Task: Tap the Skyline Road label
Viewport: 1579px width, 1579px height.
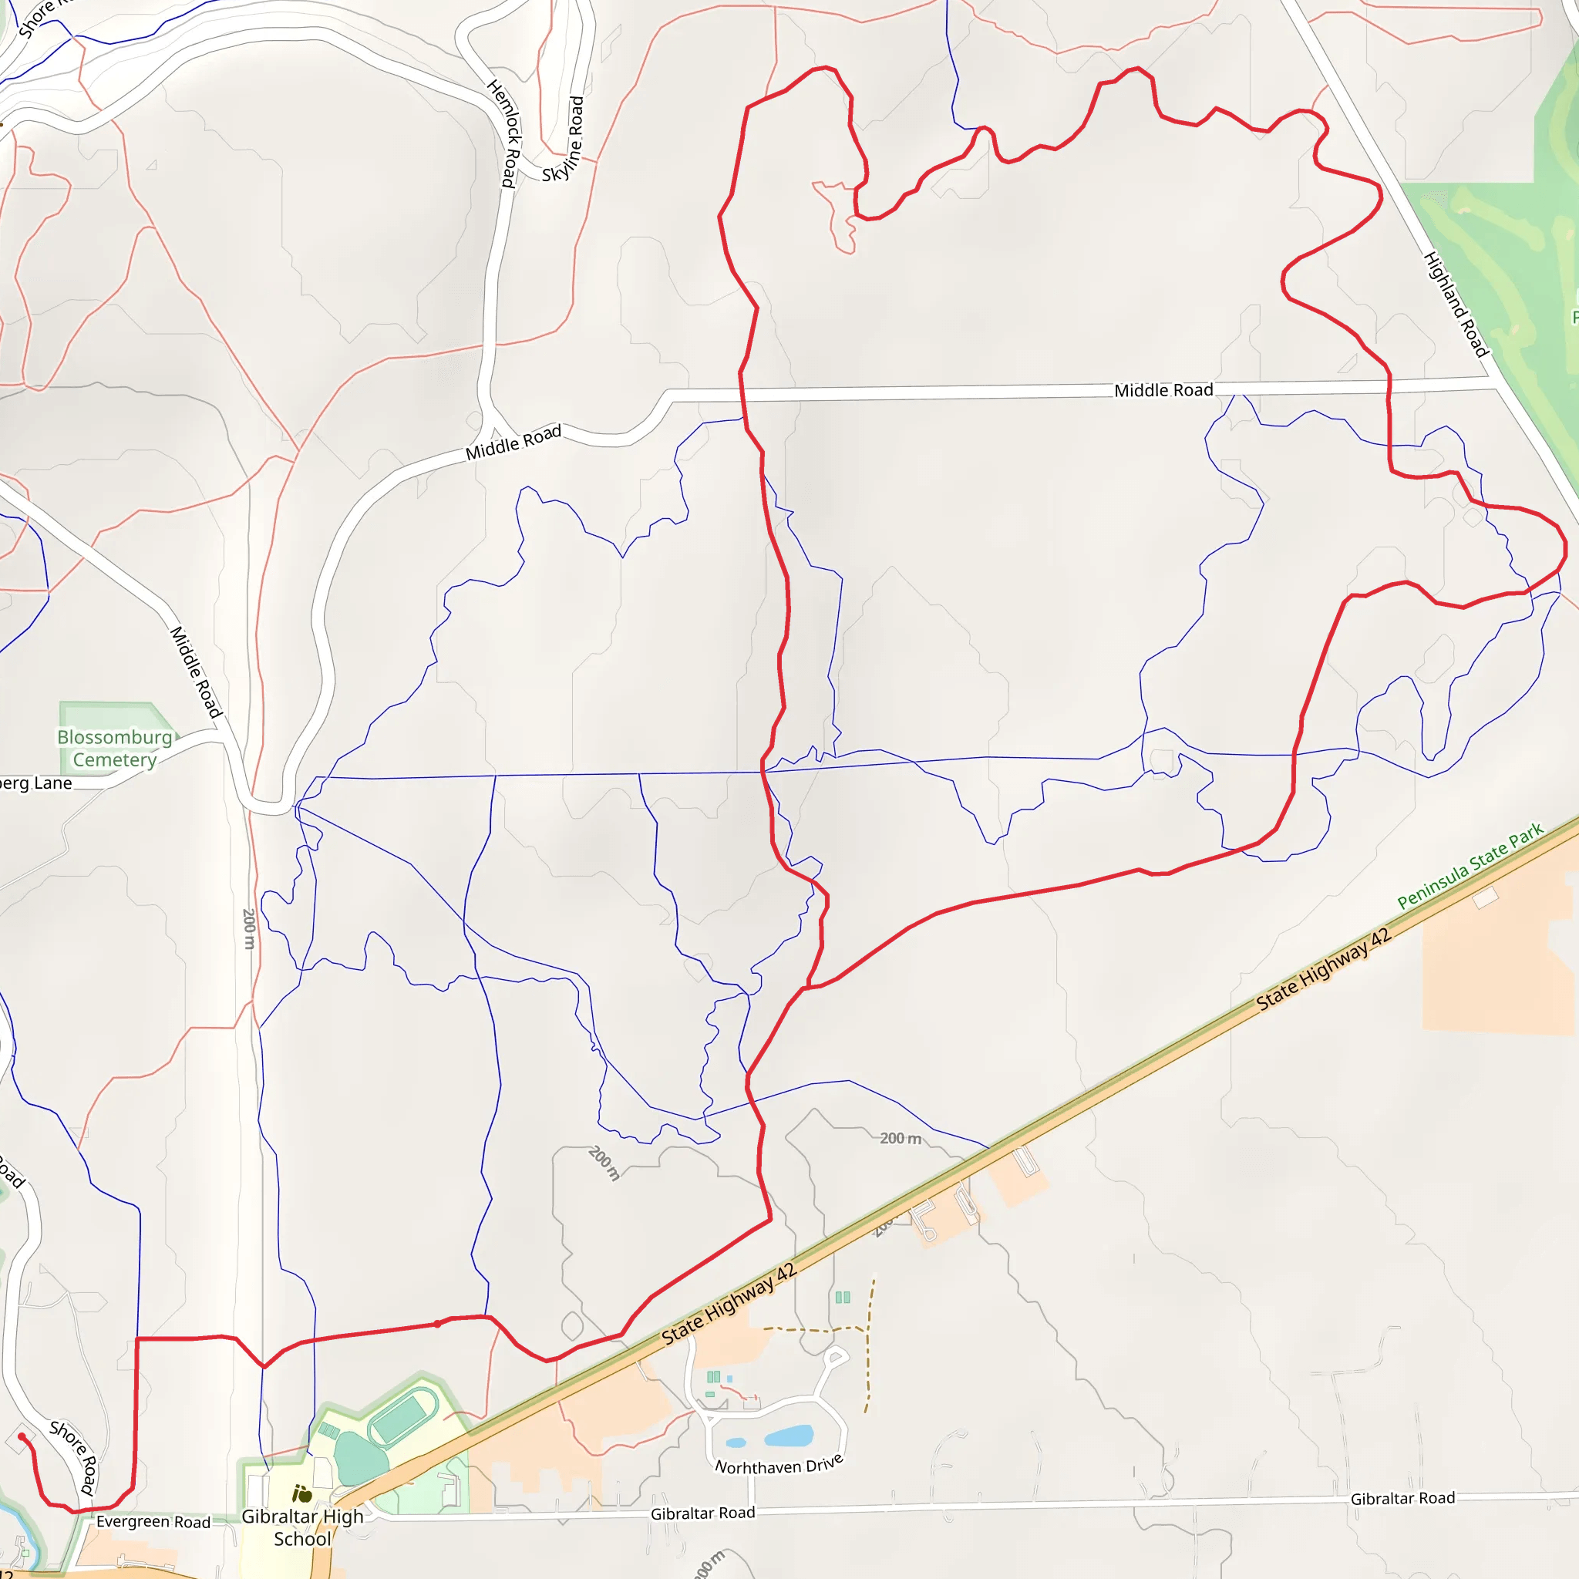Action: tap(564, 140)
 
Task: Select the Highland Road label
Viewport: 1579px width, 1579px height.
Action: tap(1456, 304)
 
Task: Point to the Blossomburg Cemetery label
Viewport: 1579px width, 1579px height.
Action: tap(114, 749)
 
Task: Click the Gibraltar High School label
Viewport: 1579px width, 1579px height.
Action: tap(302, 1527)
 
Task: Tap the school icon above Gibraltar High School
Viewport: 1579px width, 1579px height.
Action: tap(301, 1495)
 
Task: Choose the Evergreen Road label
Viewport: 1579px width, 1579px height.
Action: tap(153, 1522)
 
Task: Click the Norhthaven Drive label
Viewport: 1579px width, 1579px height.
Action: tap(779, 1466)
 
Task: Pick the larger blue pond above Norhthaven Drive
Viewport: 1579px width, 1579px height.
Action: tap(789, 1436)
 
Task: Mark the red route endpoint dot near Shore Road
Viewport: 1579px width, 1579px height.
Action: tap(22, 1437)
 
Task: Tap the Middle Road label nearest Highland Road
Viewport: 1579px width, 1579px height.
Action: tap(1163, 391)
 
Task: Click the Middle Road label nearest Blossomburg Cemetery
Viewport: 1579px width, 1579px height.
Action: tap(196, 672)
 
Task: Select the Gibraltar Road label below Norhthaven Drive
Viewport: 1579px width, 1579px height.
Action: tap(702, 1513)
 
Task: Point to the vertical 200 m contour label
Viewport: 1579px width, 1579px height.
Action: tap(248, 928)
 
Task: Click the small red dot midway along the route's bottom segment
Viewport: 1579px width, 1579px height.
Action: tap(437, 1324)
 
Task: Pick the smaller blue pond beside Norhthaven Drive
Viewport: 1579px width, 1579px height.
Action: tap(736, 1443)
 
